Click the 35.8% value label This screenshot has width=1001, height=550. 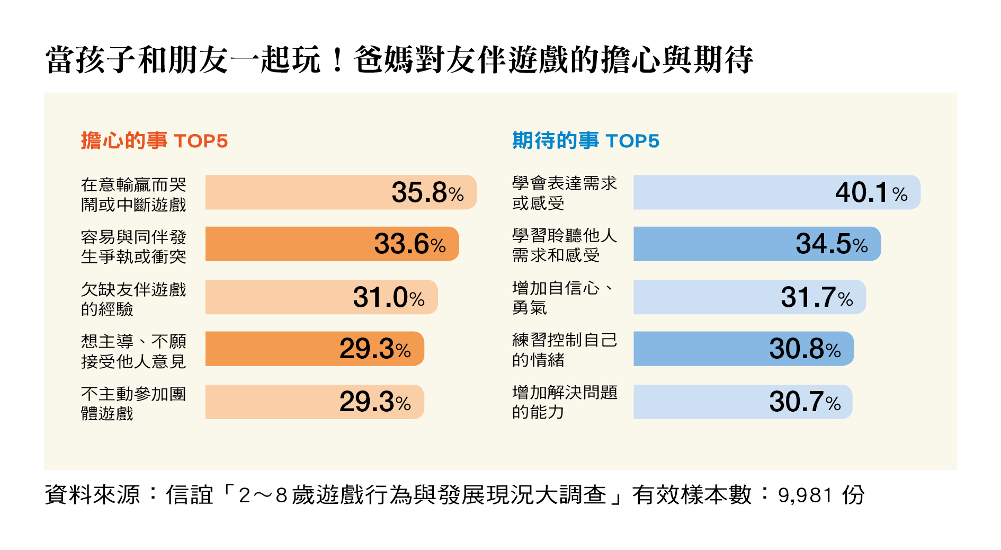[x=427, y=192]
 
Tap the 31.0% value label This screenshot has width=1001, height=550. [x=389, y=297]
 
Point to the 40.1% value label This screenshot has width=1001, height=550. [x=871, y=192]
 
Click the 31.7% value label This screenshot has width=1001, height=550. [x=817, y=297]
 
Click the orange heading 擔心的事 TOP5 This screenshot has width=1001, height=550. [x=154, y=141]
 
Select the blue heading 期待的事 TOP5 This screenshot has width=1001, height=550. [x=586, y=141]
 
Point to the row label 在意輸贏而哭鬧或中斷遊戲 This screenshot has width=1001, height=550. [x=133, y=194]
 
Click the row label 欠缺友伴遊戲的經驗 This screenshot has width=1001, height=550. [x=133, y=299]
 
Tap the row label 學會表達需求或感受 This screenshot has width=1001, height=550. [x=565, y=193]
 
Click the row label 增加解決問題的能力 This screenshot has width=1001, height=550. [x=565, y=402]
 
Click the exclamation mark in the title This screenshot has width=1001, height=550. [x=337, y=60]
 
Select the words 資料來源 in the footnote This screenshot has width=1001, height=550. [x=92, y=495]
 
